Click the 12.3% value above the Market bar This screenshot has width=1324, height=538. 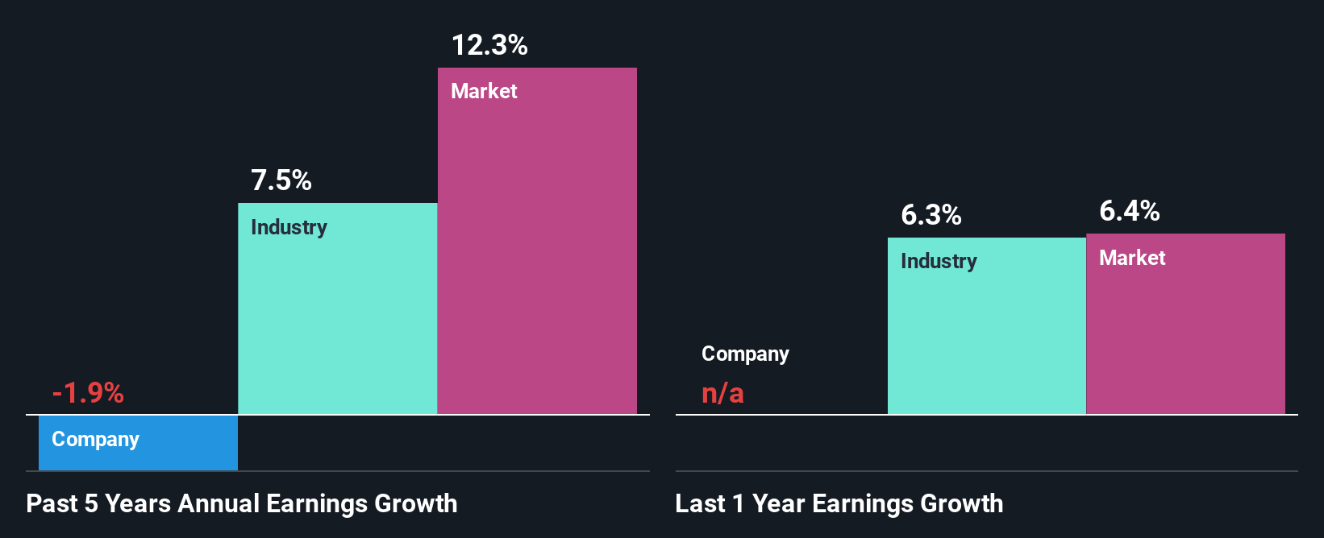pos(489,45)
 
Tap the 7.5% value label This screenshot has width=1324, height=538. pos(281,180)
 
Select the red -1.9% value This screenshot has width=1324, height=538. pos(88,393)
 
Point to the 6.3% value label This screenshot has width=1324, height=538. pos(931,215)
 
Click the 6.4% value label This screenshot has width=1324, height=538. pos(1129,211)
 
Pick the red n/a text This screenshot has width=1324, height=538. pos(722,393)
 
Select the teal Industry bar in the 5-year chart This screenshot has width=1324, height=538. pos(337,322)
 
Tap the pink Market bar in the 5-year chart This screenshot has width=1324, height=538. pos(537,258)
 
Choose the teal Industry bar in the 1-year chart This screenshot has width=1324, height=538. pos(986,338)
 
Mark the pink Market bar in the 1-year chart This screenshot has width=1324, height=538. pos(1185,338)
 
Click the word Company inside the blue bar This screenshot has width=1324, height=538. pos(95,439)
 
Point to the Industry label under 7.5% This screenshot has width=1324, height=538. pos(289,227)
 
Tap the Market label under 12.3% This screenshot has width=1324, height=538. pos(484,91)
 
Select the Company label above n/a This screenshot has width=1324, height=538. pos(745,354)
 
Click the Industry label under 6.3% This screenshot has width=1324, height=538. pos(939,261)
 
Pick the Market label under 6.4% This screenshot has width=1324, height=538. pos(1132,258)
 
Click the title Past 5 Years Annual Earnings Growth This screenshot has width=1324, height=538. pos(241,503)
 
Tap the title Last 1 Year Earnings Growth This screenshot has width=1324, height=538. pos(839,503)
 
